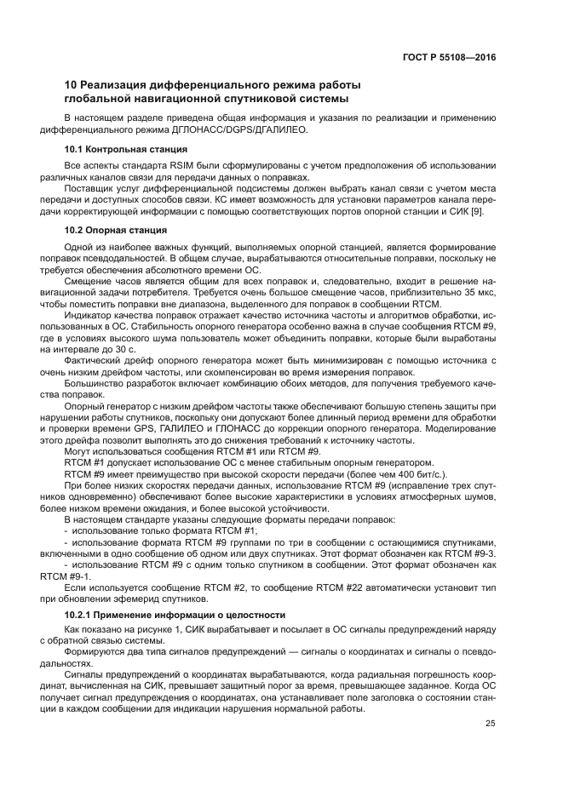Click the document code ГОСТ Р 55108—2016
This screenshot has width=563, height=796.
(449, 58)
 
